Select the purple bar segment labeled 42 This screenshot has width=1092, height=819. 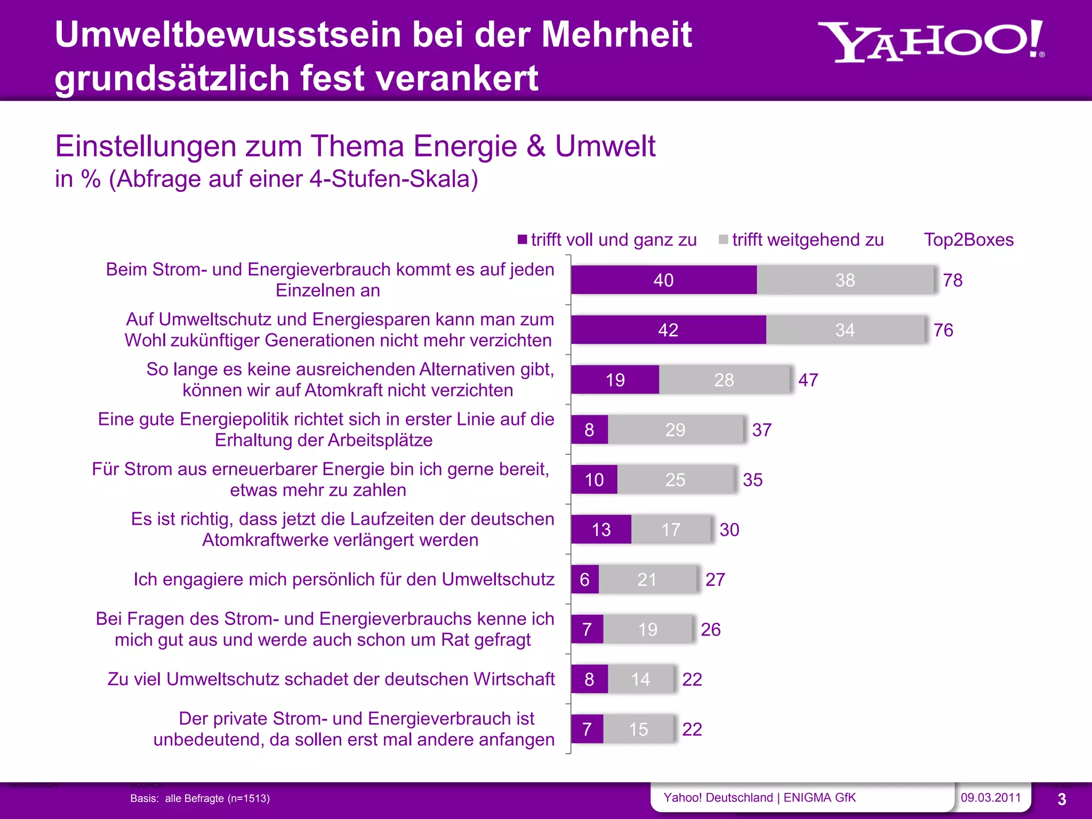pyautogui.click(x=668, y=330)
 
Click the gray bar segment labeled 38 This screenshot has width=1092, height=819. pyautogui.click(x=845, y=280)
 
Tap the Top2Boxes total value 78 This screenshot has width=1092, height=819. pyautogui.click(x=952, y=280)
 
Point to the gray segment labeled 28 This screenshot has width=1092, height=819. pyautogui.click(x=724, y=380)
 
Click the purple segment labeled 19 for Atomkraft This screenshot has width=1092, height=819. pyautogui.click(x=615, y=380)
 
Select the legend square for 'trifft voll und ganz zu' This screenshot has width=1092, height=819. pyautogui.click(x=523, y=239)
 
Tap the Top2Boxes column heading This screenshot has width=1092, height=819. pyautogui.click(x=968, y=240)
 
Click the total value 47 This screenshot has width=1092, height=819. pyautogui.click(x=808, y=380)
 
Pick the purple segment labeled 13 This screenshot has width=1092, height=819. pyautogui.click(x=601, y=529)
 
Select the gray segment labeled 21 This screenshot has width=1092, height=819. pyautogui.click(x=647, y=579)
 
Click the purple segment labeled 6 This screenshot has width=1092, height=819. pyautogui.click(x=584, y=579)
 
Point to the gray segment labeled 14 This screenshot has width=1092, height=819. pyautogui.click(x=640, y=679)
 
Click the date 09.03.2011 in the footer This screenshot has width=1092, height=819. pyautogui.click(x=990, y=798)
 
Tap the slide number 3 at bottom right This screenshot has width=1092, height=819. pyautogui.click(x=1062, y=799)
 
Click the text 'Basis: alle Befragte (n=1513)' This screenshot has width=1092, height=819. pyautogui.click(x=200, y=798)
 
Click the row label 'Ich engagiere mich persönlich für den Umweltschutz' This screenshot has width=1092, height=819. pyautogui.click(x=344, y=579)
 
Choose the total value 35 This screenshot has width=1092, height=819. pyautogui.click(x=752, y=479)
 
